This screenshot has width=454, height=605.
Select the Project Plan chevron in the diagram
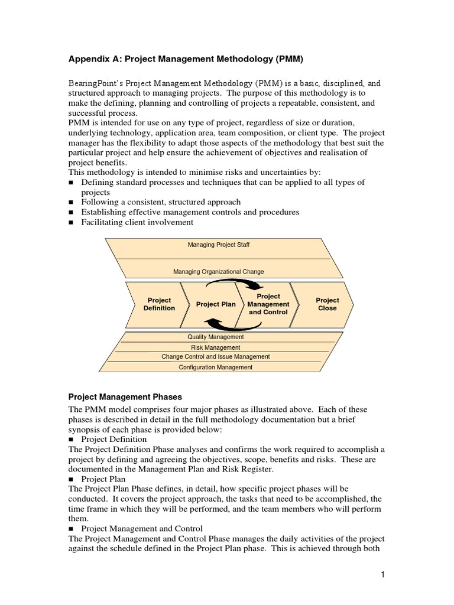pyautogui.click(x=215, y=304)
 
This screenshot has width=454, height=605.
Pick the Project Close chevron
pyautogui.click(x=327, y=304)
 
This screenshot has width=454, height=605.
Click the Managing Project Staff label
pyautogui.click(x=215, y=245)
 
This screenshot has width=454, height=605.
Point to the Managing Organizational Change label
pyautogui.click(x=218, y=272)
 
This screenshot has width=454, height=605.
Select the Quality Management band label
pyautogui.click(x=215, y=337)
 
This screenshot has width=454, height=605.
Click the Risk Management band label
pyautogui.click(x=215, y=347)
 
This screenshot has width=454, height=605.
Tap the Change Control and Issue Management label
pyautogui.click(x=215, y=357)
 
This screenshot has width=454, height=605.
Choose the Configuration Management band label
pyautogui.click(x=215, y=367)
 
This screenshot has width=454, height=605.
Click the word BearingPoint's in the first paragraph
pyautogui.click(x=96, y=83)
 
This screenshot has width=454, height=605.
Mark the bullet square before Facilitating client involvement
pyautogui.click(x=72, y=223)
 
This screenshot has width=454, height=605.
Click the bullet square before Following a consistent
pyautogui.click(x=72, y=202)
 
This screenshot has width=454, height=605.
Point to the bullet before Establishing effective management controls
pyautogui.click(x=72, y=213)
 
